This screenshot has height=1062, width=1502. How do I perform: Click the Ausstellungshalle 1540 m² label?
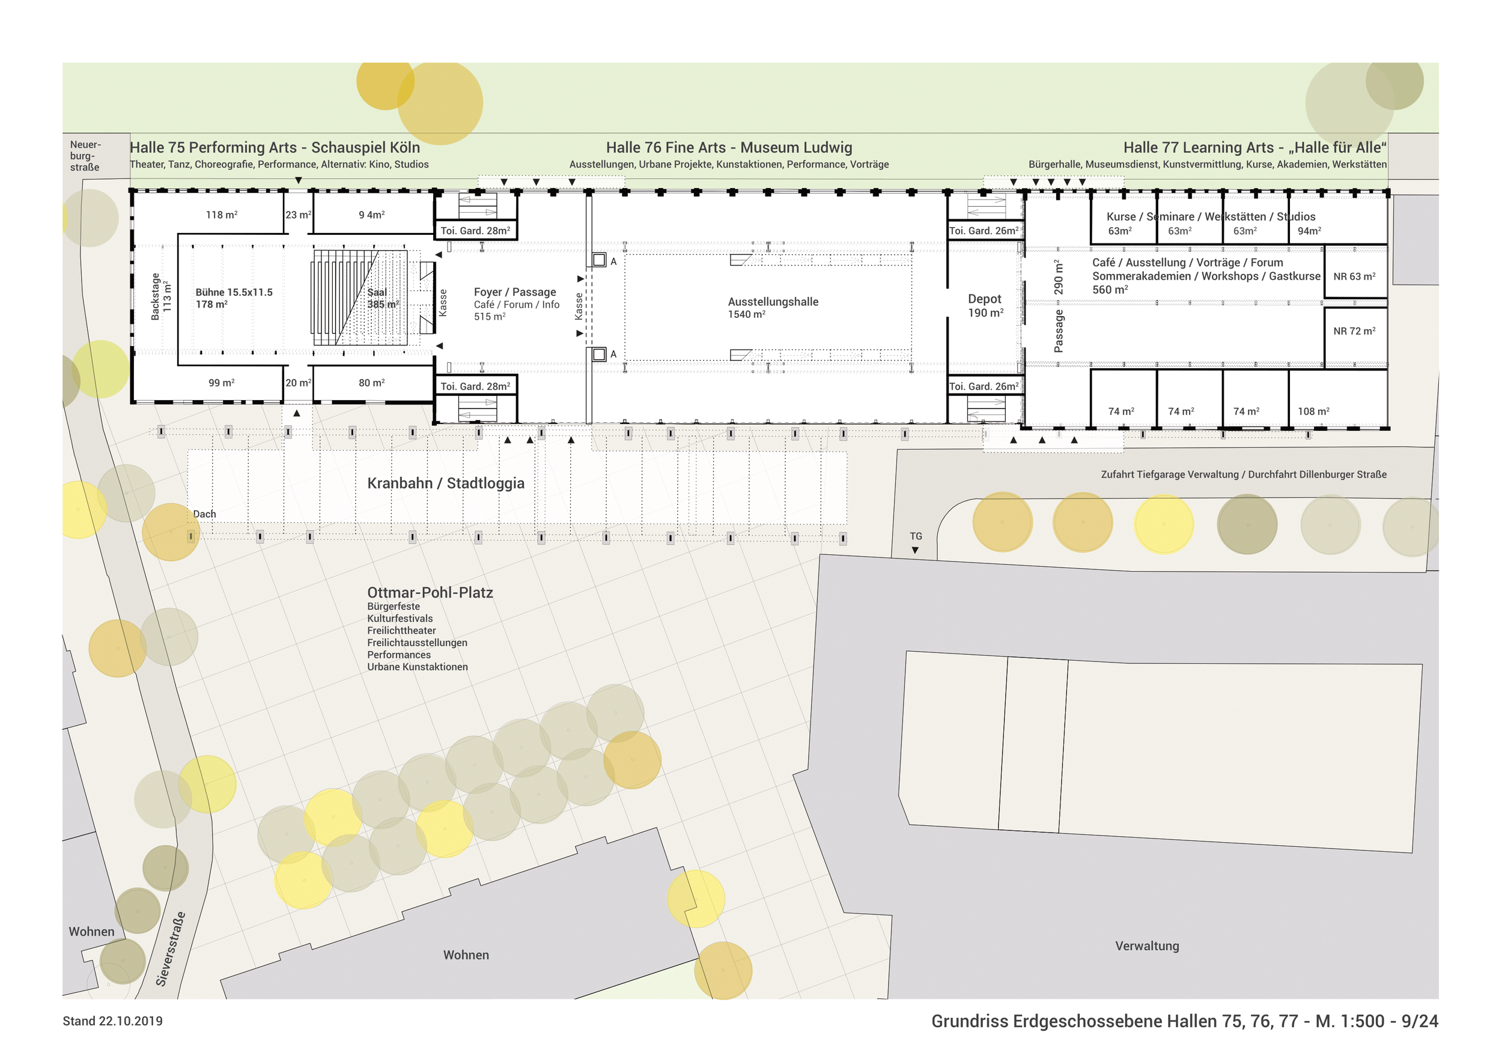[773, 308]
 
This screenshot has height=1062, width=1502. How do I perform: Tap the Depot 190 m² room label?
[985, 305]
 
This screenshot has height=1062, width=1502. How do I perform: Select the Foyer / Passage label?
[515, 293]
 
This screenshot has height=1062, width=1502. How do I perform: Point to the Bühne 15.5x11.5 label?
[234, 293]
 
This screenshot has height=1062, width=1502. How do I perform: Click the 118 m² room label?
[221, 215]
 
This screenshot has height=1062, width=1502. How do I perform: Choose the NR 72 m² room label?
[1354, 331]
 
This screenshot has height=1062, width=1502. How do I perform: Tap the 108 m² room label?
[1313, 411]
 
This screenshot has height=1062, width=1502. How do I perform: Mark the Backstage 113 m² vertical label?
[160, 296]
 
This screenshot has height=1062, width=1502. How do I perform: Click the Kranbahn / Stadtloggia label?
[446, 484]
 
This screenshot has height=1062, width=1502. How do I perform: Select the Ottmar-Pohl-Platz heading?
[430, 592]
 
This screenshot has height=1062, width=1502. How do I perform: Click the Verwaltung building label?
[1147, 945]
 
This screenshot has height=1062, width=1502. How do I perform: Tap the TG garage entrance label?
[915, 536]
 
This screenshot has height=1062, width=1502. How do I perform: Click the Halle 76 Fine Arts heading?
[729, 148]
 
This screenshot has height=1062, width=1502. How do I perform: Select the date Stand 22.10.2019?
[112, 1021]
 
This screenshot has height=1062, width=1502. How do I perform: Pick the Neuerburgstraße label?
[85, 156]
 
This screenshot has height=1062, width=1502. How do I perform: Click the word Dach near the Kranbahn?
[204, 514]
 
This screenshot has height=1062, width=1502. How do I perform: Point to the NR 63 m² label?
[1354, 277]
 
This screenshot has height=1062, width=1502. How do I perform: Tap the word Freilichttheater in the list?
[401, 630]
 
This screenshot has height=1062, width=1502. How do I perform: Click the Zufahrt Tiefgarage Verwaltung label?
[1243, 475]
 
